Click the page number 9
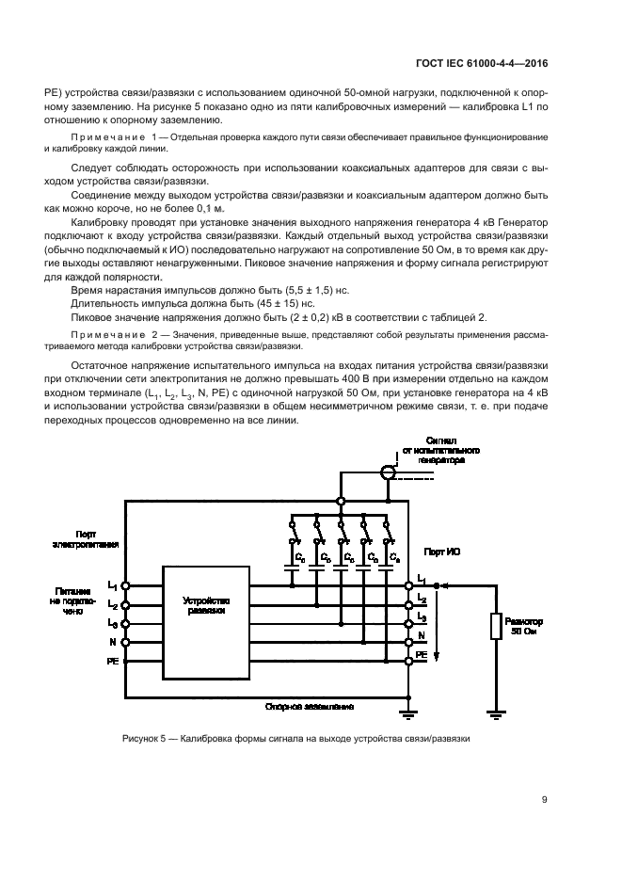[x=545, y=802]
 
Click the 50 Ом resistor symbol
[x=495, y=627]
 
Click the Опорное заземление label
[x=311, y=705]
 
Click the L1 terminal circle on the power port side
[x=126, y=585]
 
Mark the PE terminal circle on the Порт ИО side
[x=407, y=662]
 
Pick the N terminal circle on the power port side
[x=126, y=643]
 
